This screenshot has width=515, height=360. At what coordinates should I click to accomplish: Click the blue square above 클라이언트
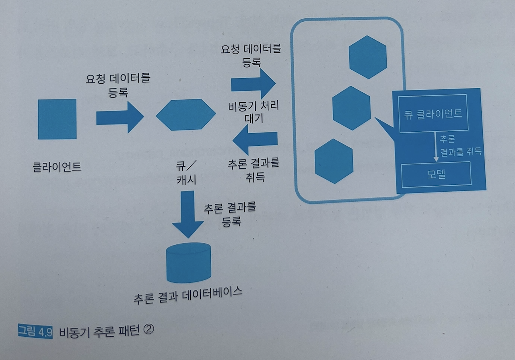(57, 119)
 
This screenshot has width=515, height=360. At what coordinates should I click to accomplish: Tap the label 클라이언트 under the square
(57, 166)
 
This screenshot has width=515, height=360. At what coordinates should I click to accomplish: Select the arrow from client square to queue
(120, 117)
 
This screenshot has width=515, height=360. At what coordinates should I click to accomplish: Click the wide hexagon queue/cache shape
(185, 114)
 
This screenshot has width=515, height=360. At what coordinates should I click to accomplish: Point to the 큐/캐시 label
(186, 172)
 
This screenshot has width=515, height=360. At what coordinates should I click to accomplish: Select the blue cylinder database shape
(189, 262)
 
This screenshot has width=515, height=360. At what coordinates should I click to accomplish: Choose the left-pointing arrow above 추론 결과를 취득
(255, 139)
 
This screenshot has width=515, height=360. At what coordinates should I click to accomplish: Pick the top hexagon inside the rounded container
(368, 57)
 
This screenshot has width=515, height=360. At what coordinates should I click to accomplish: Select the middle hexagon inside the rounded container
(351, 108)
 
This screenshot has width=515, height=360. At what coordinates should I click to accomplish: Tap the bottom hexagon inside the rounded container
(334, 161)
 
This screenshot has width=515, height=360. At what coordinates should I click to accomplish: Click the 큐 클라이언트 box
(433, 114)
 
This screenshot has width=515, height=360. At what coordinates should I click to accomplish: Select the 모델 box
(436, 174)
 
